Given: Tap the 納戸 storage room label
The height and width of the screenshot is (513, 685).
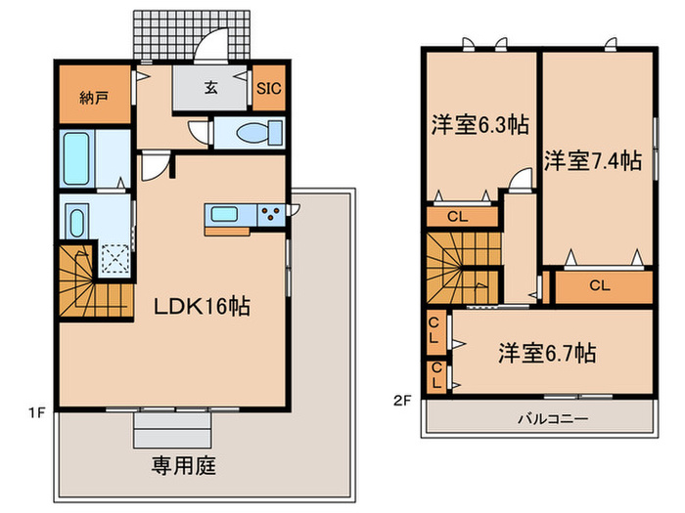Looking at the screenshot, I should coord(94,98).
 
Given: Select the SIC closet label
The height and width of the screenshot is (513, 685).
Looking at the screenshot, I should coord(269,88).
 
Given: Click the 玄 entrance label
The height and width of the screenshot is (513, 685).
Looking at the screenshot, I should coord(210,88).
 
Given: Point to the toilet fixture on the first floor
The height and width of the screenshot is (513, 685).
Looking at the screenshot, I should coord(258,131).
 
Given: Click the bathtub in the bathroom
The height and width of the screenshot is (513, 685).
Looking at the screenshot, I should coord(77,158).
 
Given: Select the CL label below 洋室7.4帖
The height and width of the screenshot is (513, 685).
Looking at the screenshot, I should coord(602,286).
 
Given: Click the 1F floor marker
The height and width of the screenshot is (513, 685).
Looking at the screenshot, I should coord(37,412).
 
